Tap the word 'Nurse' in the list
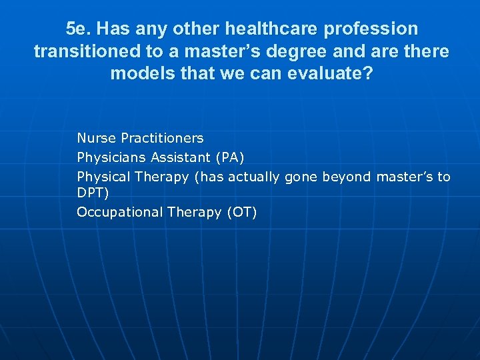(95, 138)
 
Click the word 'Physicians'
(111, 157)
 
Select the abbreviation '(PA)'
(230, 157)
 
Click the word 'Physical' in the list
(103, 177)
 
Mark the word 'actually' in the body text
(255, 177)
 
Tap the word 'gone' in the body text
(301, 177)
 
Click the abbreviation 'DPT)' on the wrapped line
(93, 193)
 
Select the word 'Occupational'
(122, 212)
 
